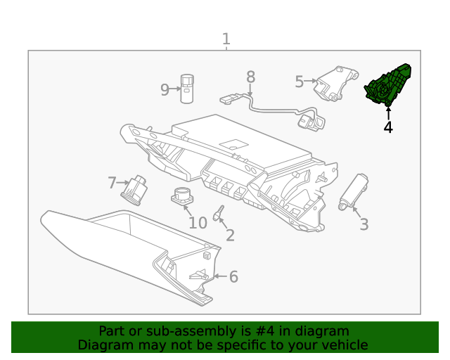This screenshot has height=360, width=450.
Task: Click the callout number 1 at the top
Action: tap(226, 39)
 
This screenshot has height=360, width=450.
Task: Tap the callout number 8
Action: tap(250, 77)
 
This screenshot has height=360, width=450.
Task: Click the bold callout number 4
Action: tap(387, 127)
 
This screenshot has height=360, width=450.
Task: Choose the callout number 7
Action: tap(112, 183)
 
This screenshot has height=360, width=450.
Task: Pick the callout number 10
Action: tap(198, 223)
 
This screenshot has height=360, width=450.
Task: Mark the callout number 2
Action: tap(230, 236)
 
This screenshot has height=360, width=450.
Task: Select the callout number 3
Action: tap(364, 224)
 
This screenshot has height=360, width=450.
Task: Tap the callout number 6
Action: tap(233, 277)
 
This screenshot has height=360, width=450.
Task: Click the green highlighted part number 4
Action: tap(387, 85)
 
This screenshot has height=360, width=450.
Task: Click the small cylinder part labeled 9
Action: tap(188, 88)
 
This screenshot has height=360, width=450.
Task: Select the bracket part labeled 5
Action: tap(335, 83)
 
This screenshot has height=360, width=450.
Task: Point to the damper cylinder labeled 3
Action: tap(353, 191)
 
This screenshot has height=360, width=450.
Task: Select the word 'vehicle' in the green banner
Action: tap(343, 345)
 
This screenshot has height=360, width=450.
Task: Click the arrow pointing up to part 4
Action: tap(387, 112)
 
